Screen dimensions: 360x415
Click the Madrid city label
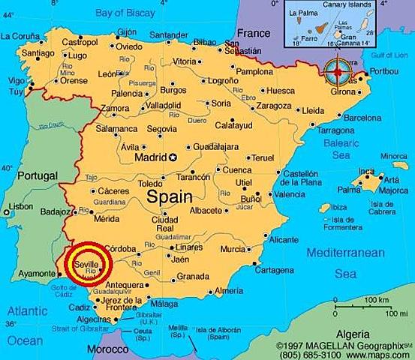tap(150, 157)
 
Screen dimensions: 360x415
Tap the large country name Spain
tap(169, 196)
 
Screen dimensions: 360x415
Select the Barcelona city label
tap(362, 118)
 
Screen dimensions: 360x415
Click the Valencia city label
tap(289, 194)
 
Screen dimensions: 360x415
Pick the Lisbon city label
tap(20, 206)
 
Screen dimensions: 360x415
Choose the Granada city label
tap(193, 277)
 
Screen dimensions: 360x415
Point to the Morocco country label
tap(107, 349)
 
